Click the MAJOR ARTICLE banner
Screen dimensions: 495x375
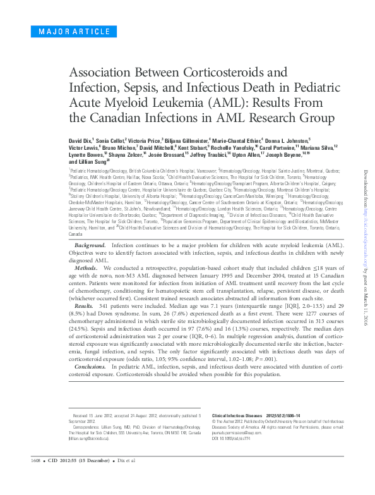point(62,31)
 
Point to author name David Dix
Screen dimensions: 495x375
point(78,138)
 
